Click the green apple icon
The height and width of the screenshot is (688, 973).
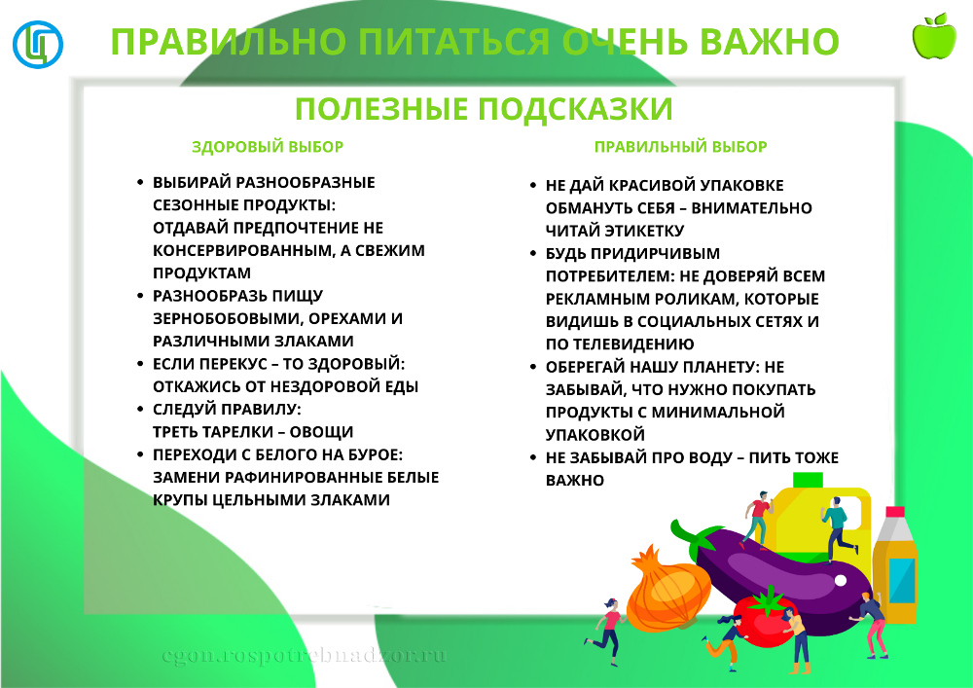point(934,37)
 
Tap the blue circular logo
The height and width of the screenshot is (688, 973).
point(38,44)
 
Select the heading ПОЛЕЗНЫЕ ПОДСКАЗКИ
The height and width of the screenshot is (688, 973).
point(484,109)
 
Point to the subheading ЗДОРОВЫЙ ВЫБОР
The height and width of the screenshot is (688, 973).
point(268,147)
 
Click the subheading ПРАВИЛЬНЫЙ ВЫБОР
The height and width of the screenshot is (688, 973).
point(681,147)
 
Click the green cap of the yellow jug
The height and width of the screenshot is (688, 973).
point(808,480)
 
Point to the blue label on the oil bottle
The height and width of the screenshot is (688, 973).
point(902,581)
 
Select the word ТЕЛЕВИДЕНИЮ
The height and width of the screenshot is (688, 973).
point(633,344)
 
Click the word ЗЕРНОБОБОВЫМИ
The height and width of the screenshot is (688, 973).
point(228,319)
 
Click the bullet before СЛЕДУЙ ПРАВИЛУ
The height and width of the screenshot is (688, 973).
point(140,410)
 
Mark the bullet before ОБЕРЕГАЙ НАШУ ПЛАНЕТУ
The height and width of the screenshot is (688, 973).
point(533,367)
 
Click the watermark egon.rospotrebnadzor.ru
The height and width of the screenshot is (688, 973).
point(304,656)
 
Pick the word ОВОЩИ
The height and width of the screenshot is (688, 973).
point(321,432)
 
